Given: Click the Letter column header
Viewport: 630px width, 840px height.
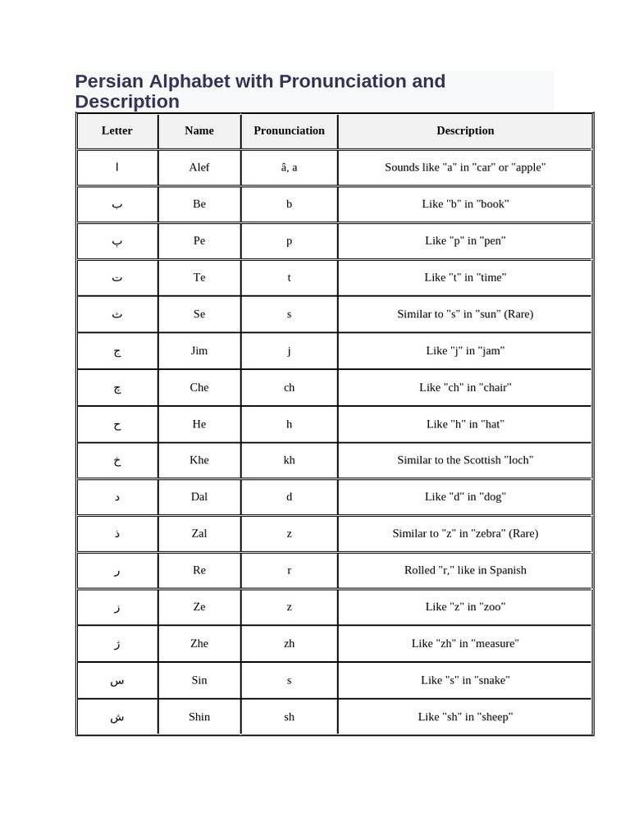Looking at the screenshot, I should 117,130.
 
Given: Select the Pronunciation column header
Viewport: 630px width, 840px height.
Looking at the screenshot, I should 289,130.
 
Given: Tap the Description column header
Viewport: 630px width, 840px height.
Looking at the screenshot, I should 465,130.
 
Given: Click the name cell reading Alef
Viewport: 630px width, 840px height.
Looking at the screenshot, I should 199,167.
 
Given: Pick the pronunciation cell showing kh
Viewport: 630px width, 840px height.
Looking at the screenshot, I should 289,460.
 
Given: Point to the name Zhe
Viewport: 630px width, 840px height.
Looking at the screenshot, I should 199,643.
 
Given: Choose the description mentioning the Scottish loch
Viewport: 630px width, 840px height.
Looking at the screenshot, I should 465,460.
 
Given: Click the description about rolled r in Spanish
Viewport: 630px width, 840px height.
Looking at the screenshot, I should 465,570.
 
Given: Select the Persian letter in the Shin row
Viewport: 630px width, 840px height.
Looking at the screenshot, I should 117,717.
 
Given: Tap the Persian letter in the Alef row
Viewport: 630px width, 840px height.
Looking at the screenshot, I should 117,167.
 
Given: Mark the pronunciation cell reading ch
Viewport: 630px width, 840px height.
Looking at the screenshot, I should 289,387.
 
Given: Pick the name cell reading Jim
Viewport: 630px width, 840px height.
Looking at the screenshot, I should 199,350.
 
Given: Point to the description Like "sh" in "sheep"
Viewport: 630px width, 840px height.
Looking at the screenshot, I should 465,717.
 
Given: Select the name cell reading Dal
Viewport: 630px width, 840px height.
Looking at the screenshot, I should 199,496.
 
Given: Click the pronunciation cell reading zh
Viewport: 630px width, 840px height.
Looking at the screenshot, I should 289,643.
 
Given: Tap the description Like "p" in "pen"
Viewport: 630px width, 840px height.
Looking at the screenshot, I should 465,240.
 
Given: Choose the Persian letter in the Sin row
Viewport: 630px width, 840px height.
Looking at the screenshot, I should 117,680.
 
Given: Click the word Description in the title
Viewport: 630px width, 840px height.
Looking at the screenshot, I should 127,102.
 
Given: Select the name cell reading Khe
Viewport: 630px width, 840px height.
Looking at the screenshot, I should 199,460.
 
